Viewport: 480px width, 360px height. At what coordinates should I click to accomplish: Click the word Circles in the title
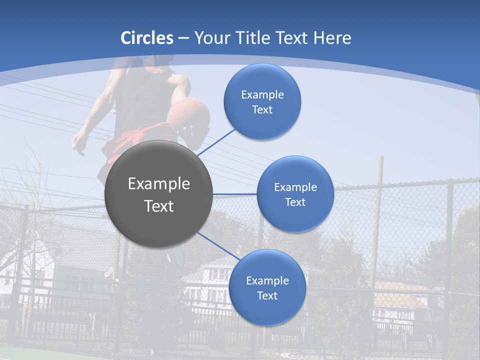point(147,38)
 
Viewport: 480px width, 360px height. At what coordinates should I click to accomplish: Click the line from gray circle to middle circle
point(235,194)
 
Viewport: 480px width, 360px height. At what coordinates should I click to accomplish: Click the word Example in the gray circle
point(158,184)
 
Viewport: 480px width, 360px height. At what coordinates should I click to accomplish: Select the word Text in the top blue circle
point(262,109)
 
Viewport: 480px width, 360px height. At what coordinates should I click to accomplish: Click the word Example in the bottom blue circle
point(267,280)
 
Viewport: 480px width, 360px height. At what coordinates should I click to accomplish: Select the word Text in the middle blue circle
point(295,202)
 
